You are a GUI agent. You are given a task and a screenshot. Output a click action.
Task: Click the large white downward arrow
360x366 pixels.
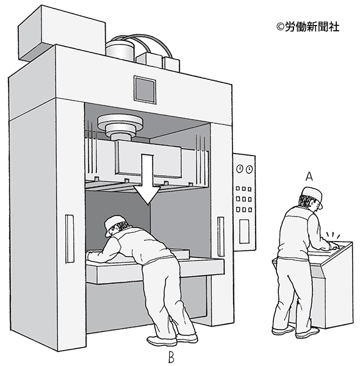tap(147, 178)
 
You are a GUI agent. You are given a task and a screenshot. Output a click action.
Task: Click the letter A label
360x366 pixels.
tap(309, 176)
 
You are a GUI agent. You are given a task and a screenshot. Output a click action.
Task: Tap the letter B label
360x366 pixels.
tap(171, 357)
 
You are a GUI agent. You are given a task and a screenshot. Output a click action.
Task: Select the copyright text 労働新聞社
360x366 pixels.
tap(312, 27)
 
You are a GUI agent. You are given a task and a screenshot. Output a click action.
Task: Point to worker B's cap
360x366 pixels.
tap(113, 224)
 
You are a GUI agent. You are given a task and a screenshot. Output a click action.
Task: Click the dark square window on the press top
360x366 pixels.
tap(145, 89)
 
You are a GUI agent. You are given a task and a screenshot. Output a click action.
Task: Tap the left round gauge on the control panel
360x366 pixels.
tap(240, 169)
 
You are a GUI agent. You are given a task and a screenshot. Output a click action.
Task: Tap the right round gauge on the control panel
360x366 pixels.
tap(249, 170)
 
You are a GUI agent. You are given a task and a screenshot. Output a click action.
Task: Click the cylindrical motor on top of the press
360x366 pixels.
tap(120, 50)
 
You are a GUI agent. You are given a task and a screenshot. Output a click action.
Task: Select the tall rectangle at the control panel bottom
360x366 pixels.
tap(244, 232)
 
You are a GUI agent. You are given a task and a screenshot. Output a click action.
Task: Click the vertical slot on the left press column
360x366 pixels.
tap(70, 239)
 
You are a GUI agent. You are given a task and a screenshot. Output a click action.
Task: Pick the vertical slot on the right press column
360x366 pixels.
tap(221, 236)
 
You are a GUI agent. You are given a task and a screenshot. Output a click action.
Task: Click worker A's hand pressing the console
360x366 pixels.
tap(333, 246)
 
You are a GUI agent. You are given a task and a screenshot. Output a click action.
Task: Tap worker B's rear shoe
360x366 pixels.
tap(161, 341)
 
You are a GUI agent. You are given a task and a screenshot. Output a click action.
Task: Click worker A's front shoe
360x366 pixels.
tap(308, 332)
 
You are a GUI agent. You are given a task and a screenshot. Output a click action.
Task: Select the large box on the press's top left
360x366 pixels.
tap(62, 33)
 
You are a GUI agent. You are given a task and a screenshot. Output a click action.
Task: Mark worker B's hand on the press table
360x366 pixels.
tap(90, 256)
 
